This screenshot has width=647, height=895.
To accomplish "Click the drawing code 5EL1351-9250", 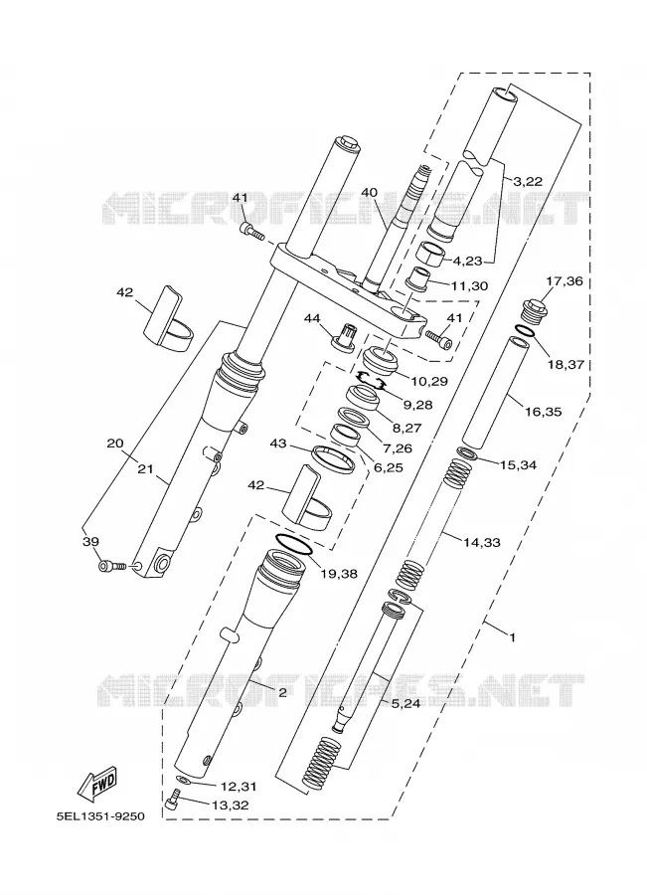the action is [100, 816].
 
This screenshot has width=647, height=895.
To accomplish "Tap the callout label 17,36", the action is [565, 280].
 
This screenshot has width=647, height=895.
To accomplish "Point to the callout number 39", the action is [90, 542].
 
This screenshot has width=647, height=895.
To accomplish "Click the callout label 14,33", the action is [482, 542].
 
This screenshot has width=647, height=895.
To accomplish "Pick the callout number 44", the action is [312, 317].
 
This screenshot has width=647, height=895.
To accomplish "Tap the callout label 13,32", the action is [231, 805].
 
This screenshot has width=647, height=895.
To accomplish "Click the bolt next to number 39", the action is [112, 566].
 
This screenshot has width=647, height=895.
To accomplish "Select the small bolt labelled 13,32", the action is [173, 798].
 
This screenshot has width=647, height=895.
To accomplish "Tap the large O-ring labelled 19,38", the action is [294, 544].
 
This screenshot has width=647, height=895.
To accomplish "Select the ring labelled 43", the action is [333, 458].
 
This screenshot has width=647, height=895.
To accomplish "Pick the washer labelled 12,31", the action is [183, 780].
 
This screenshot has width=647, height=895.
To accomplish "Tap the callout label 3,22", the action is [528, 182].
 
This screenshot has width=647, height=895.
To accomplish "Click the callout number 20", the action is [114, 444].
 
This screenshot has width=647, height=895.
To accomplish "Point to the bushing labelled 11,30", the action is [417, 276].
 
